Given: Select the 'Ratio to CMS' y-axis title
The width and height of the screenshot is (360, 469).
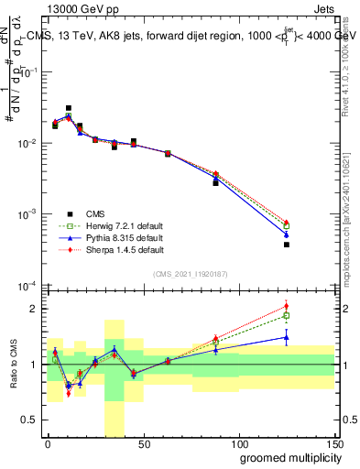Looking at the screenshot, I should pos(15,365).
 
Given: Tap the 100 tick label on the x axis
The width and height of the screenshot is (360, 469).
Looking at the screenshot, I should pos(238,444).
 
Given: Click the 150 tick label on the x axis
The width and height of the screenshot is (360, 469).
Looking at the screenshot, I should pos(333,444).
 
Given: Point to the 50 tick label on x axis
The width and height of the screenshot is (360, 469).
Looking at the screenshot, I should pos(143,444).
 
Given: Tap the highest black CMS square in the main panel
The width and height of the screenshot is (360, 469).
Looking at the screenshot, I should pos(69,108).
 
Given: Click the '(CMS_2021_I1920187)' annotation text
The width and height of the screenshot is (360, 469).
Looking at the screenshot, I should pos(190,273).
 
